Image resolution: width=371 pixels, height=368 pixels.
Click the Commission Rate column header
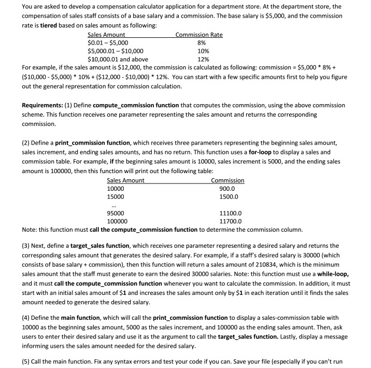199,35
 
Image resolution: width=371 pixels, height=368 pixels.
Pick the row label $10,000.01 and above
118,59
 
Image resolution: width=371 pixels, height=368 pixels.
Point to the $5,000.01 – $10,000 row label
116,51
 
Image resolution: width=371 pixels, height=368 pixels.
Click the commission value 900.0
229,189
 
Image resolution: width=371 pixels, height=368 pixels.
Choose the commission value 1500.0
229,197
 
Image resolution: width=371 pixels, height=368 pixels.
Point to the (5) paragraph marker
27,358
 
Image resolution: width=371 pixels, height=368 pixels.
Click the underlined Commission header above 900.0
228,180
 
